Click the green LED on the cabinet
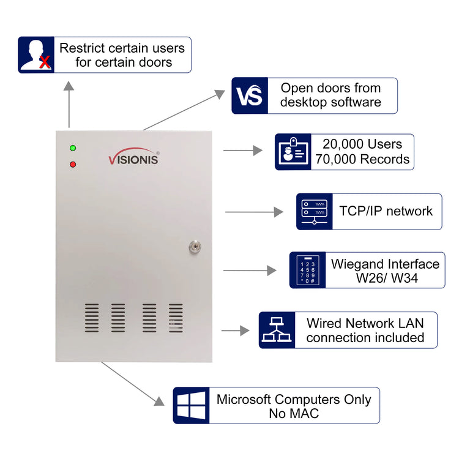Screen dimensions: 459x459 point(73,148)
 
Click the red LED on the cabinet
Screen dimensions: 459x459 point(73,164)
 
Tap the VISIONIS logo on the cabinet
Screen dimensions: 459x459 point(133,158)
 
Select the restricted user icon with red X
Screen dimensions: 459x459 point(36,55)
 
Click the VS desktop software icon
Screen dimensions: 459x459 point(250,95)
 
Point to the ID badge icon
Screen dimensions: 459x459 point(293,152)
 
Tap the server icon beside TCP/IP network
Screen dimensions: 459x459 point(315,212)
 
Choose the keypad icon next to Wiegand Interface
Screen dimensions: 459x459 point(307,270)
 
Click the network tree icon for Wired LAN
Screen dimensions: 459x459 point(277,330)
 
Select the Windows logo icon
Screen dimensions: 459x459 point(191,405)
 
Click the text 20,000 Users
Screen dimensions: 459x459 point(362,144)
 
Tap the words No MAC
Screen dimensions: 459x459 point(294,414)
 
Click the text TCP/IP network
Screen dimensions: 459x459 point(386,211)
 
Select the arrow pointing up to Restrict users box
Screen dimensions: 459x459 point(69,104)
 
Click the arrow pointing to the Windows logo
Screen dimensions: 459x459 point(132,384)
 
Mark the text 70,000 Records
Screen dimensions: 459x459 point(362,160)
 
